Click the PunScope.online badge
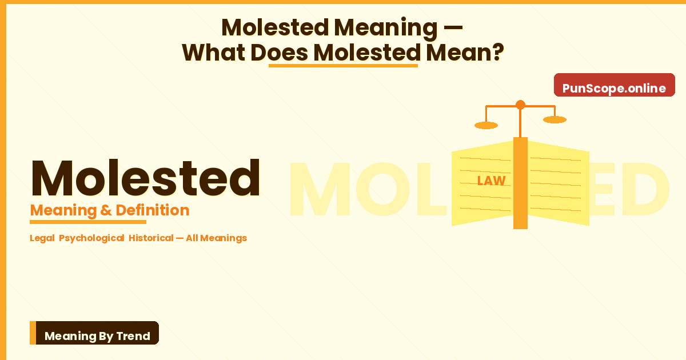[x=614, y=88]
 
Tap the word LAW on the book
[x=491, y=181]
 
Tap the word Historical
[x=151, y=238]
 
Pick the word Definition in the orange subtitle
[x=152, y=210]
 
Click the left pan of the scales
[x=486, y=125]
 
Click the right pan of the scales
[x=555, y=119]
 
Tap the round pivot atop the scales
[x=520, y=105]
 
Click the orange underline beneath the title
[x=343, y=65]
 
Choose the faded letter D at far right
[x=643, y=190]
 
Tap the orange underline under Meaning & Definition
[x=88, y=222]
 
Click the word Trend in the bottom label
[x=133, y=336]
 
